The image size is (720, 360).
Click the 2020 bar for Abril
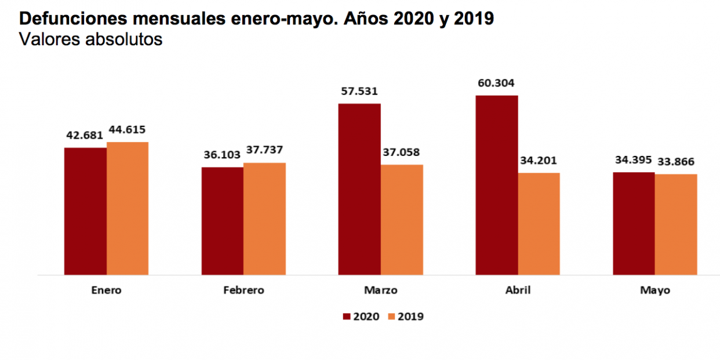click(x=497, y=185)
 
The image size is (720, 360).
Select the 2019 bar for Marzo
click(x=402, y=220)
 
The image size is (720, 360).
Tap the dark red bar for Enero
click(x=85, y=211)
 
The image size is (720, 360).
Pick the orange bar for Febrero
click(x=264, y=219)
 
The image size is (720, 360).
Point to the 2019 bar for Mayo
click(x=676, y=224)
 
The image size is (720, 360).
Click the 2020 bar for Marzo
click(x=359, y=189)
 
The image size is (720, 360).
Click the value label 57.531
click(x=358, y=91)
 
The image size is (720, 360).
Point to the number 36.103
click(x=223, y=155)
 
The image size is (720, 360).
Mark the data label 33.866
click(x=675, y=162)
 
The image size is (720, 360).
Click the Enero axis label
click(x=106, y=290)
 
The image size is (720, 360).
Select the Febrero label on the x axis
click(x=243, y=290)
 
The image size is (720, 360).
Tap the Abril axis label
click(x=518, y=290)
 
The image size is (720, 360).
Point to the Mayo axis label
click(x=655, y=290)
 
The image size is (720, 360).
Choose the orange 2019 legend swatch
click(x=391, y=317)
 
